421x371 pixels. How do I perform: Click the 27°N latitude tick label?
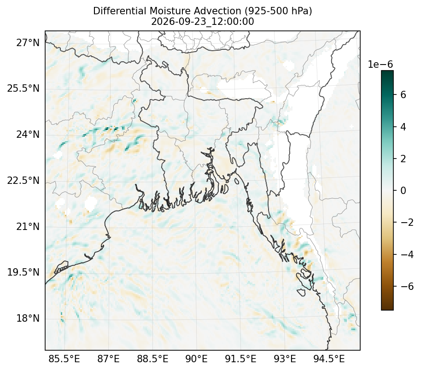(28, 42)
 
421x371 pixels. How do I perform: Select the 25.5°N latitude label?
(23, 88)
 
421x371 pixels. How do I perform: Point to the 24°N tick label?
(28, 134)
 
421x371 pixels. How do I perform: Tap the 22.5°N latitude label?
(23, 181)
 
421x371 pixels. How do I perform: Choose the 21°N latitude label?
(28, 226)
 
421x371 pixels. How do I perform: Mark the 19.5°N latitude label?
(23, 272)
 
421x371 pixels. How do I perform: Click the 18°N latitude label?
(28, 318)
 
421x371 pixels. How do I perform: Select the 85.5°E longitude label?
(64, 359)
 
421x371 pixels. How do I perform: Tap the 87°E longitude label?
(108, 359)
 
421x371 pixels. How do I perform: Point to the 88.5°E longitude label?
(153, 359)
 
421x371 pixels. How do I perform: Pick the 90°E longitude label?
(197, 359)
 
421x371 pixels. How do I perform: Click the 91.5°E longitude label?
(240, 359)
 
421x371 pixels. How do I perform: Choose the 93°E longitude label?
(285, 359)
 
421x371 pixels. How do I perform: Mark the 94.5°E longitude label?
(329, 359)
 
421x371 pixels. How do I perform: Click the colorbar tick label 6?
(403, 95)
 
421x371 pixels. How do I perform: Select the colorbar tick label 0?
(403, 190)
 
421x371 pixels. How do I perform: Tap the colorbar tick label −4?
(407, 254)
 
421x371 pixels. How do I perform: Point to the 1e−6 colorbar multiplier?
(380, 65)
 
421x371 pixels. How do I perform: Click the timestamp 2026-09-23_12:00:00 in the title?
(203, 22)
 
